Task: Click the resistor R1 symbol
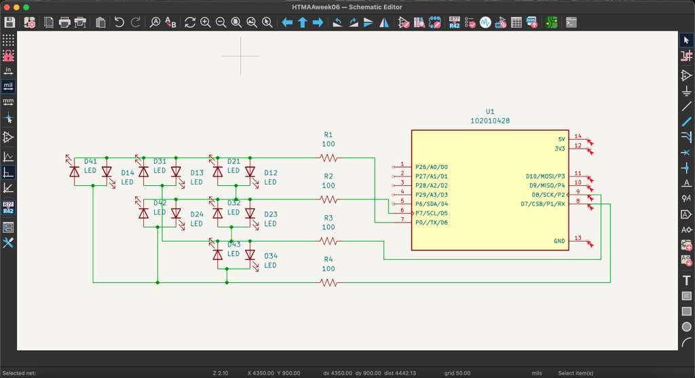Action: [328, 158]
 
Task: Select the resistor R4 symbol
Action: [328, 282]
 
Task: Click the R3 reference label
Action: [328, 218]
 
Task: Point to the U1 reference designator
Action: [490, 111]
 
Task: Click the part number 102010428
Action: [490, 121]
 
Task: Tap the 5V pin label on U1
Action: [560, 139]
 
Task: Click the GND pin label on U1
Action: [559, 241]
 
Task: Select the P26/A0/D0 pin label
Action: [432, 167]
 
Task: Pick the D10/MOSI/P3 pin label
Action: [545, 176]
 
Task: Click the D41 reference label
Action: [90, 162]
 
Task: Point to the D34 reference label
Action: [271, 256]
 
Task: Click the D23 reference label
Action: [271, 214]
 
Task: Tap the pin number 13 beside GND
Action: [578, 238]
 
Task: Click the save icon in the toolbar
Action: [10, 22]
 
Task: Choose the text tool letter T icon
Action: [686, 280]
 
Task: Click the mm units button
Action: [8, 102]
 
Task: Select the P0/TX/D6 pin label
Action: [432, 223]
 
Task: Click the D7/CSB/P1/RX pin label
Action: [542, 204]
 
